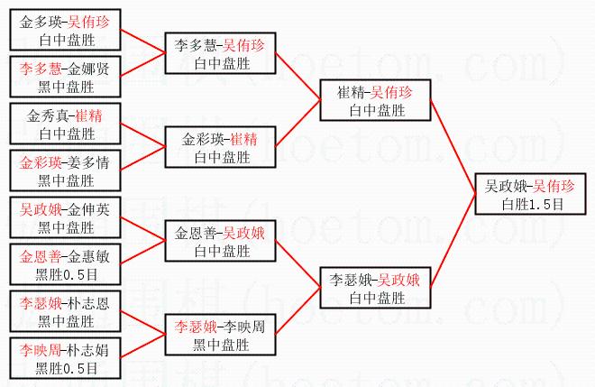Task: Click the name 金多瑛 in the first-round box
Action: [x=41, y=22]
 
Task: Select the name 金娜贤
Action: [x=88, y=69]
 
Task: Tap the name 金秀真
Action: [x=48, y=115]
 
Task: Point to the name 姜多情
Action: [x=88, y=162]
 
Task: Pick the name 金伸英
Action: [x=88, y=209]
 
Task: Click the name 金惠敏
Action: [x=88, y=256]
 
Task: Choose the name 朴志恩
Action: [x=88, y=303]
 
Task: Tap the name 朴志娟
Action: [x=88, y=350]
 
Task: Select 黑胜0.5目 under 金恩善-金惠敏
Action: [x=67, y=274]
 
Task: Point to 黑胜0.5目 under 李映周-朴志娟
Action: [x=67, y=368]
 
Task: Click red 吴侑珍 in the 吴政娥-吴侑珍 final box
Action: [x=554, y=186]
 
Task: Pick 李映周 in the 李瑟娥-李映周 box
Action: [x=243, y=327]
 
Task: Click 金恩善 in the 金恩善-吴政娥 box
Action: [x=195, y=233]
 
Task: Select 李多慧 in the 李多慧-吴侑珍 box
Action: [x=195, y=45]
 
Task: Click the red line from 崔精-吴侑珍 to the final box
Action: [x=453, y=147]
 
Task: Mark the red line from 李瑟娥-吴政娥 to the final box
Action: [x=453, y=241]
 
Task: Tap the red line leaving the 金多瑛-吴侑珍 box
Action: [x=143, y=41]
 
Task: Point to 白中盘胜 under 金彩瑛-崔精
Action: [x=223, y=157]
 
